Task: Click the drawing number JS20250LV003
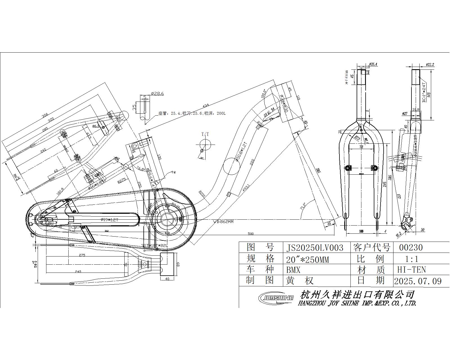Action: [x=315, y=248]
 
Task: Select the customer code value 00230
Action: [x=411, y=247]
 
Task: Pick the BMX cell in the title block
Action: [x=293, y=270]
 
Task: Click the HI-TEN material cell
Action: [x=411, y=270]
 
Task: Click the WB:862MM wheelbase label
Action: [x=223, y=222]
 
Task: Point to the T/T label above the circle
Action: [x=205, y=134]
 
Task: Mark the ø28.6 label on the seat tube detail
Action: [x=157, y=93]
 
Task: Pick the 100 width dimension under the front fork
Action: [x=361, y=231]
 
